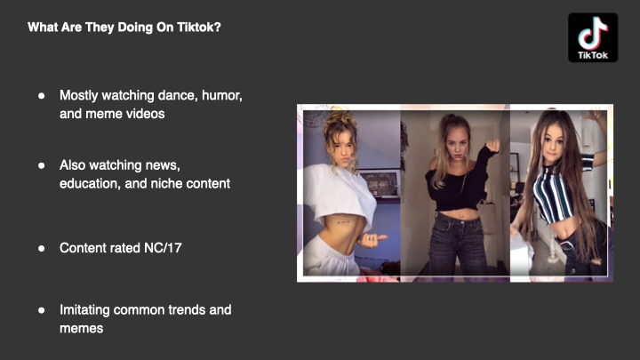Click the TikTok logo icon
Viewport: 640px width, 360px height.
point(593,37)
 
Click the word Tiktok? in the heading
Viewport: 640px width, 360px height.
point(199,28)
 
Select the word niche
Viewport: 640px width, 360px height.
point(167,184)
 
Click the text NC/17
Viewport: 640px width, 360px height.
point(163,248)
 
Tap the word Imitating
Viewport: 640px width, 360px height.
point(85,310)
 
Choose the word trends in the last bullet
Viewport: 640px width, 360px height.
point(187,310)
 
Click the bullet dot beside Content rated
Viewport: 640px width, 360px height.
point(41,248)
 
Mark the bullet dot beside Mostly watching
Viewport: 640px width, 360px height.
point(41,96)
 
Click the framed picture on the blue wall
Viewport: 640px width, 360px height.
point(380,184)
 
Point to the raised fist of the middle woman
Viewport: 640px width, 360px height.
point(493,145)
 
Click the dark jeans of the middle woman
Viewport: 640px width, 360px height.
point(458,245)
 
